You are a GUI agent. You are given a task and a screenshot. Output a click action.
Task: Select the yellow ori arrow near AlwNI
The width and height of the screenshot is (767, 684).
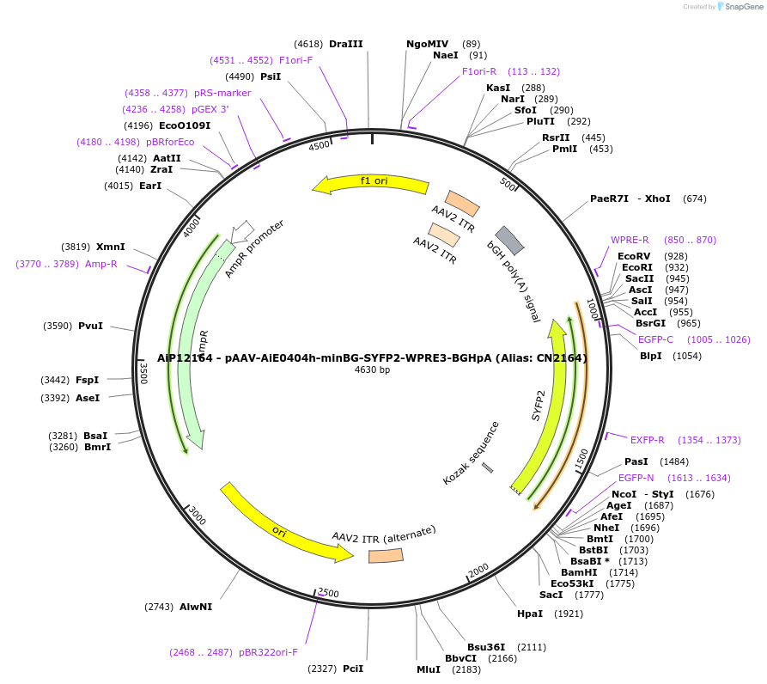284,525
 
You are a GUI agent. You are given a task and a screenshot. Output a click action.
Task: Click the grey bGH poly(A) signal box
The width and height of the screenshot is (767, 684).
510,241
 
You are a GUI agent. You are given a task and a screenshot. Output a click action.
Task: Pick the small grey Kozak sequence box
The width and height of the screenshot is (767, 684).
488,467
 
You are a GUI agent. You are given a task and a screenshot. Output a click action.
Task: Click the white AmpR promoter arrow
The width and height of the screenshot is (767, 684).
242,230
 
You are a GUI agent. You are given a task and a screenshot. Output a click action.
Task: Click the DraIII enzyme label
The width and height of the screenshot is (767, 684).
346,44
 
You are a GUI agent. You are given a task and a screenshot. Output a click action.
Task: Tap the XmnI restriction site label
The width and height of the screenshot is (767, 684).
110,247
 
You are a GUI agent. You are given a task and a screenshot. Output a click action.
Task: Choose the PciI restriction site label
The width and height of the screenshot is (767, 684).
353,668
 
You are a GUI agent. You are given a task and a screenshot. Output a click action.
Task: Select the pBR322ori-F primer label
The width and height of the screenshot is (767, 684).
268,652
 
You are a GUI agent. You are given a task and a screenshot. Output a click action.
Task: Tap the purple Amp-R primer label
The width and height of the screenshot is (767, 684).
100,264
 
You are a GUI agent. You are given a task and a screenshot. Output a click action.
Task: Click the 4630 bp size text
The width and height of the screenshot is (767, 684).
372,370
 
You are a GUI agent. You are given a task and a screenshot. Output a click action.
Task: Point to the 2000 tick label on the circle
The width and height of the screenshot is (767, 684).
478,571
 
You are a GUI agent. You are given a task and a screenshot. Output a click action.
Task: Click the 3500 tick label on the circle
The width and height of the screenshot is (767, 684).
144,372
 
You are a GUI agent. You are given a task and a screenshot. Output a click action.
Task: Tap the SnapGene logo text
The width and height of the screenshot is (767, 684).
740,7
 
